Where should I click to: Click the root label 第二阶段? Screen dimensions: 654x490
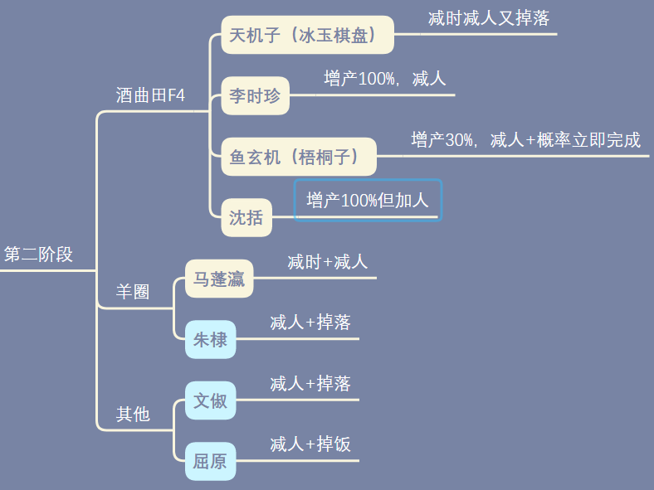(x=38, y=255)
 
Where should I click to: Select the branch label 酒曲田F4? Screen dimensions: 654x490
(x=150, y=95)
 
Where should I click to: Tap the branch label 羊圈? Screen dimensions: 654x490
(x=133, y=291)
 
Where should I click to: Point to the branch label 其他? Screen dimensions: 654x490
(x=133, y=414)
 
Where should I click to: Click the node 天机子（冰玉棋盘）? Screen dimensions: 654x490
(x=307, y=35)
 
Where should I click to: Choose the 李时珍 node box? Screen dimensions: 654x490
(x=256, y=96)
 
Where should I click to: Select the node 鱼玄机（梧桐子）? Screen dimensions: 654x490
(x=299, y=157)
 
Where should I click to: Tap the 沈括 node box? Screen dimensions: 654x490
(x=246, y=217)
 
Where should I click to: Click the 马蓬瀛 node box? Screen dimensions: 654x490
(x=219, y=279)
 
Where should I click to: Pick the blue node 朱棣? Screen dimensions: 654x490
(x=210, y=340)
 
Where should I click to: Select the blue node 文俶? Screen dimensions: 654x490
(x=210, y=400)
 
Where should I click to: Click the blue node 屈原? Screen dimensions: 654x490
(x=210, y=461)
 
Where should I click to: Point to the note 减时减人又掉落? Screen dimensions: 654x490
(x=489, y=18)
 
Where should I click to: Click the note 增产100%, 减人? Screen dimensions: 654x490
(x=385, y=78)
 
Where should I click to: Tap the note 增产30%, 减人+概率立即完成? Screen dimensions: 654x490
(x=525, y=139)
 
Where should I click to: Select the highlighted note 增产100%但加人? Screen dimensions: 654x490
(x=368, y=201)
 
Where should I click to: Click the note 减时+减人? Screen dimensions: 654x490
(x=328, y=262)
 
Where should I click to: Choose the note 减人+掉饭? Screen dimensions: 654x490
(x=310, y=444)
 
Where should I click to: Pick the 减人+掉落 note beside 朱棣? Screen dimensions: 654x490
(x=310, y=322)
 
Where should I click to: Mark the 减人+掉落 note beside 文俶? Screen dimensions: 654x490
(x=310, y=383)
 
